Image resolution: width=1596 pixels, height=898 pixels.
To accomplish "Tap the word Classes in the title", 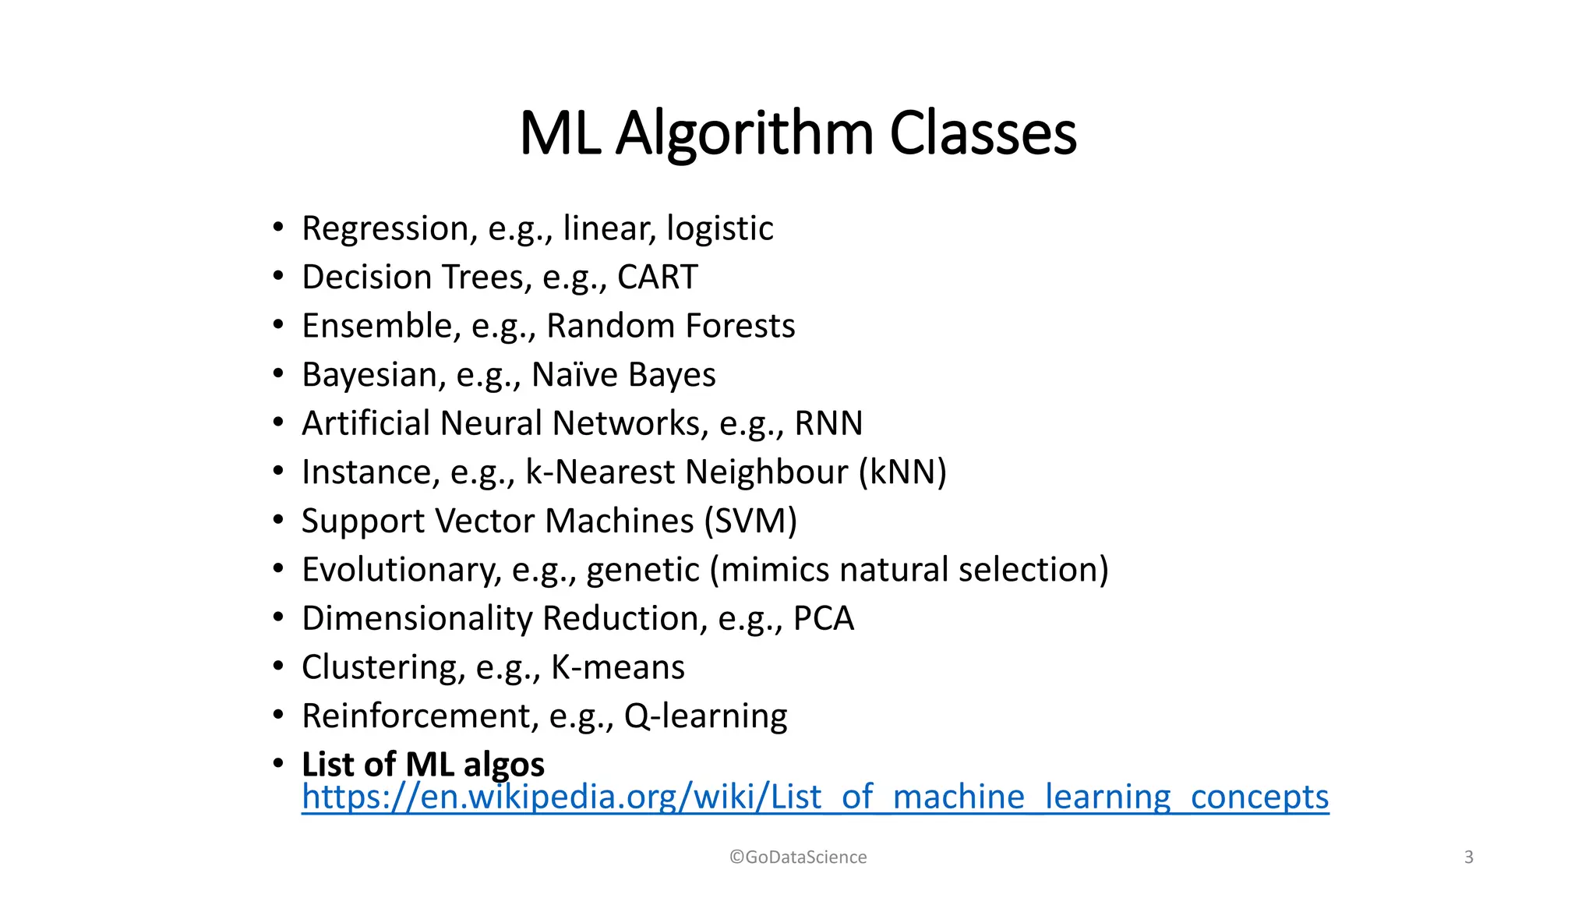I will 983,134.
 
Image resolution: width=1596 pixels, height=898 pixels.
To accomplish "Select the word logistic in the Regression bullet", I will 719,229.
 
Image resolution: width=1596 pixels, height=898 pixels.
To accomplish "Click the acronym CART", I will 657,278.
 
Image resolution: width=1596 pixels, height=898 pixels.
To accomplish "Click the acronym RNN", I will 828,423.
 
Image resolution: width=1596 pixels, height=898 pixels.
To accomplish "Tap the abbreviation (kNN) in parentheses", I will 902,472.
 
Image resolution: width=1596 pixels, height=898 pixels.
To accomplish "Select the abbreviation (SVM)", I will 750,521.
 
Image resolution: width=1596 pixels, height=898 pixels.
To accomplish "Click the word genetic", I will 642,571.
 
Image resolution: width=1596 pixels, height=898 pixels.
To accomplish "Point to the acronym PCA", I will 823,618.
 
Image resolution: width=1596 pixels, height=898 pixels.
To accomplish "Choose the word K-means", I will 617,667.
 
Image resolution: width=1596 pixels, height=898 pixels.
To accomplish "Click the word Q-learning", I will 705,716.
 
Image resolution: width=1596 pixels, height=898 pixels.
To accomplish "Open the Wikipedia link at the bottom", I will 814,797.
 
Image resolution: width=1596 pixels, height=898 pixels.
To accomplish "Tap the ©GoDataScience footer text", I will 798,857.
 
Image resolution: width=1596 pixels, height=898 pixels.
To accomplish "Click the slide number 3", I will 1468,857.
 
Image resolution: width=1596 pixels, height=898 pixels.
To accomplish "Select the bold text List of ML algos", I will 422,765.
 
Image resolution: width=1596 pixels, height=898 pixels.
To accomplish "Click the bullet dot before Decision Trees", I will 278,276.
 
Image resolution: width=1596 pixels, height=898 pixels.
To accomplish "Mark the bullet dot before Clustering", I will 278,666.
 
